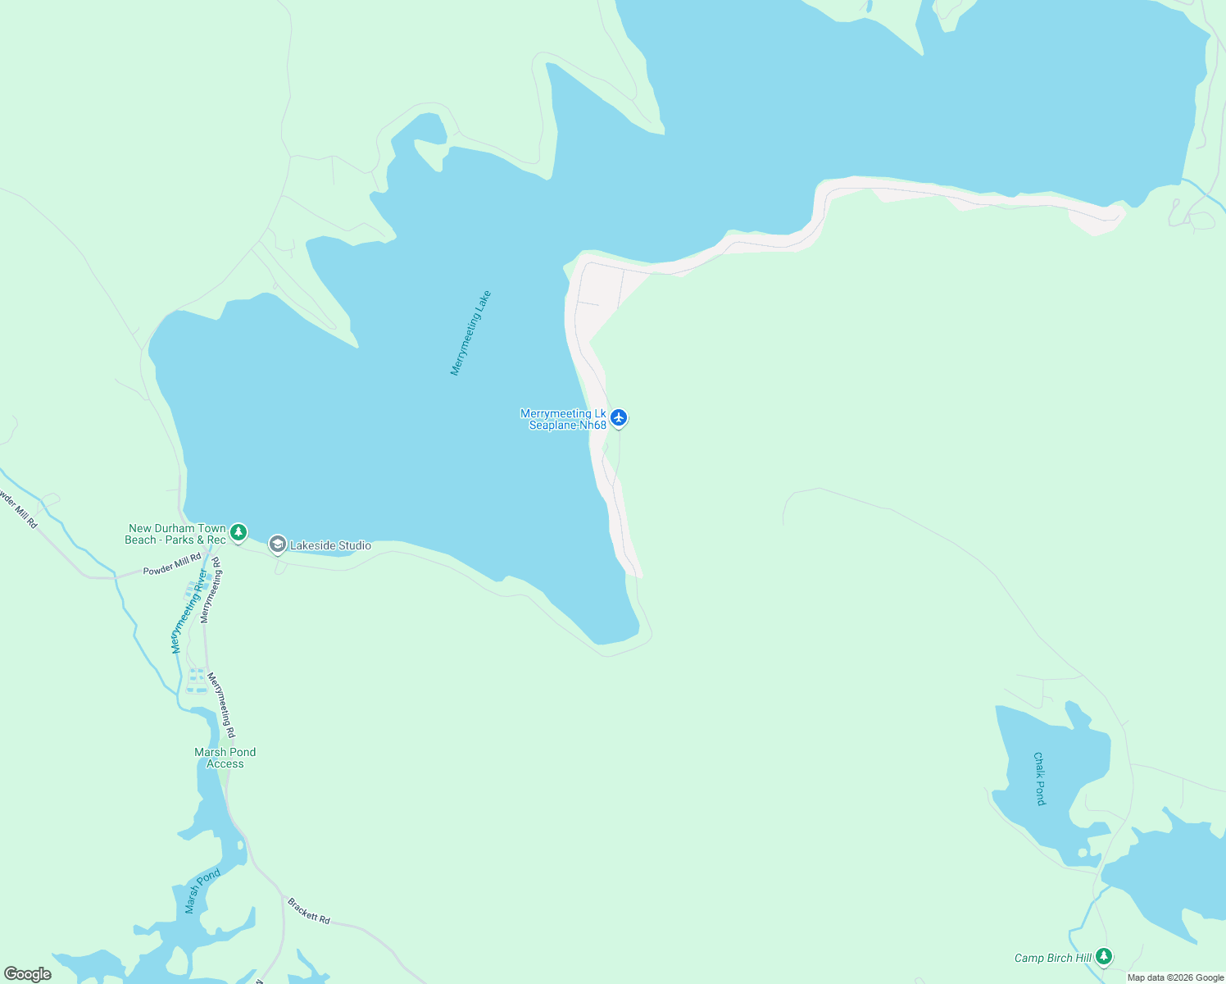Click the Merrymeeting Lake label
coord(470,333)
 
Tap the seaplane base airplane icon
coord(619,418)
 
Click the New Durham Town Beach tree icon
coord(238,533)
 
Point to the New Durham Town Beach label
coord(175,534)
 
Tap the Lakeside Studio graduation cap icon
coord(278,545)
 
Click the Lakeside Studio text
coord(330,545)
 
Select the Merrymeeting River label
coord(189,611)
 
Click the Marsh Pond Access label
coord(225,758)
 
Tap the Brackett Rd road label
coord(309,911)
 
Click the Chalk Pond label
coord(1039,778)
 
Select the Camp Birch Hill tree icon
coord(1104,956)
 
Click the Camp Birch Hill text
coord(1053,958)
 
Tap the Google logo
coord(28,974)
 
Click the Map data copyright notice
coord(1175,977)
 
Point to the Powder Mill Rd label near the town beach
coord(172,564)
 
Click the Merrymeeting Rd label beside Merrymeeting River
coord(211,590)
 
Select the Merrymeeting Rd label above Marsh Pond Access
coord(221,704)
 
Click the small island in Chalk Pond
coord(1083,853)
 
